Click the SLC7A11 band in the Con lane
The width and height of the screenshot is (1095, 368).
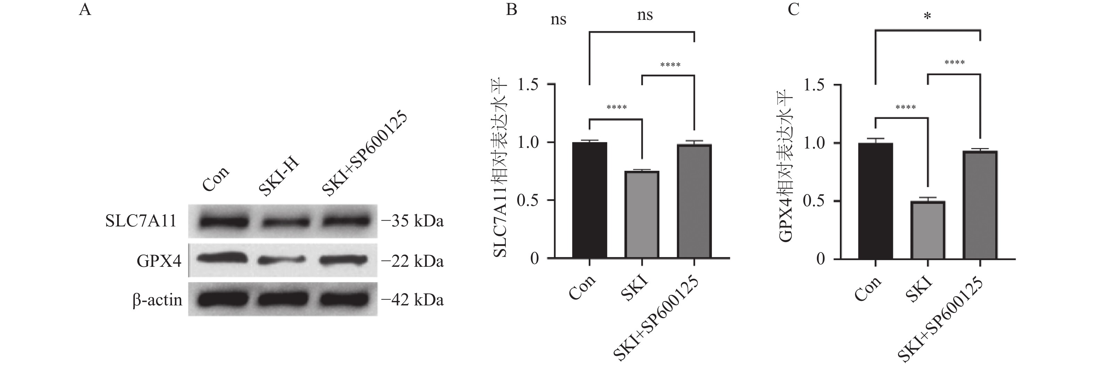[x=224, y=222]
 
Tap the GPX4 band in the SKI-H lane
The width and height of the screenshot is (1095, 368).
[x=282, y=259]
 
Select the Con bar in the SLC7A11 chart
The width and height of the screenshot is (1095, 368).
[x=589, y=200]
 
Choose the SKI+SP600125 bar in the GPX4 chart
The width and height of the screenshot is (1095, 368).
[x=980, y=205]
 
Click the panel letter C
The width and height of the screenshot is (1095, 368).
[x=793, y=9]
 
